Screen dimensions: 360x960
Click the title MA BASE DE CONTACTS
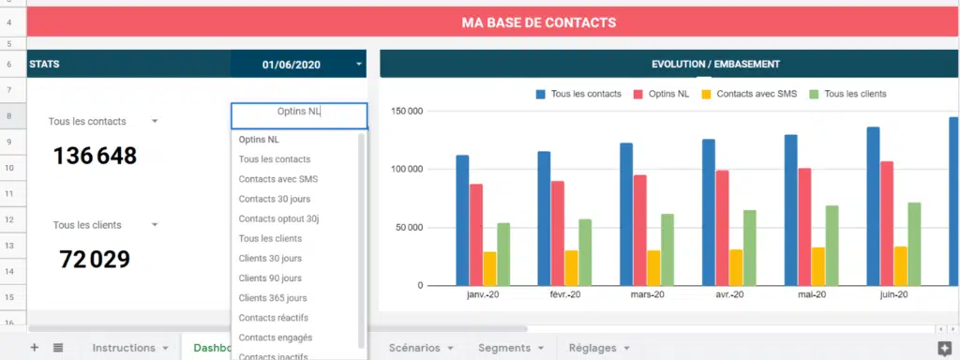(x=540, y=22)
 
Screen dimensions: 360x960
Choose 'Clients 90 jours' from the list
(x=270, y=278)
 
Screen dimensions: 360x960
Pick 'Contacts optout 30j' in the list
(x=278, y=218)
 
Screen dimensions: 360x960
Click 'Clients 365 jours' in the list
(x=273, y=298)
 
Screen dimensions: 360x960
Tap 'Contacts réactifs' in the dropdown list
(x=273, y=318)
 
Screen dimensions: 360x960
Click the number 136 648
(x=95, y=157)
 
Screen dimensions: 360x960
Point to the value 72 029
(x=94, y=260)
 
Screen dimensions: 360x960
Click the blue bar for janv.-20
(x=462, y=220)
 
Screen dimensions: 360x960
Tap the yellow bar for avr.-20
(x=736, y=267)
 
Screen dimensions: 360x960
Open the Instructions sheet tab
(x=124, y=348)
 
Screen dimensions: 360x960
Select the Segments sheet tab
(x=504, y=348)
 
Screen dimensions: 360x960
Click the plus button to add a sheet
(x=35, y=348)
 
